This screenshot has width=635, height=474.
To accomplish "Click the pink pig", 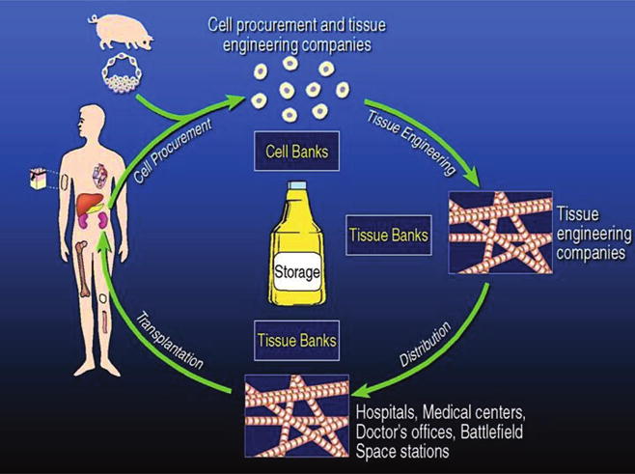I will (x=126, y=34).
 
